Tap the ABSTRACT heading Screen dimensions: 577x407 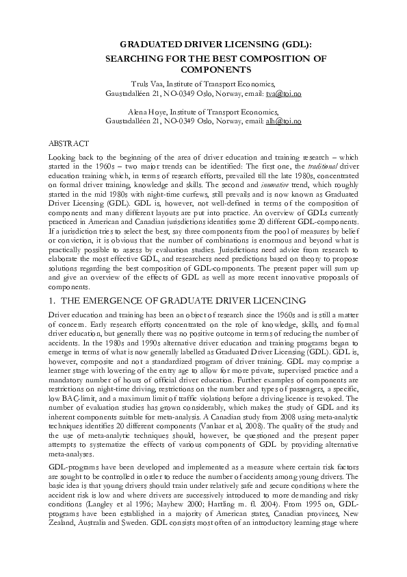pyautogui.click(x=68, y=143)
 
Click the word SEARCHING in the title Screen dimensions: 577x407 pyautogui.click(x=130, y=59)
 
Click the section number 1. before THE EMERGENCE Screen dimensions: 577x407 pyautogui.click(x=53, y=300)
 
